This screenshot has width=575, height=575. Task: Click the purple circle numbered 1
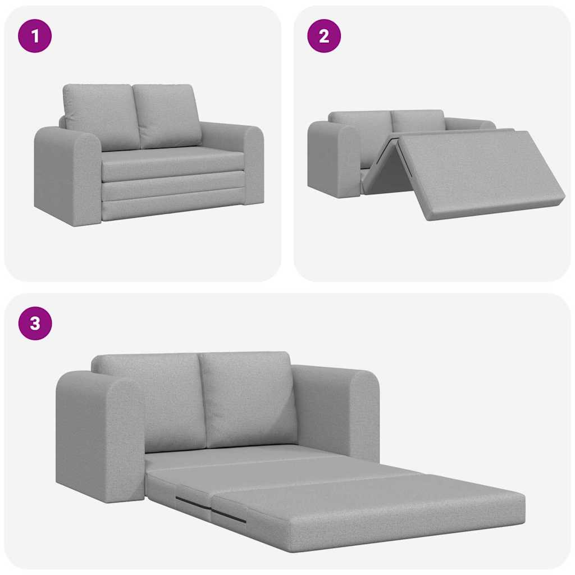(x=35, y=36)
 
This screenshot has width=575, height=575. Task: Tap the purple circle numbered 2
(x=324, y=36)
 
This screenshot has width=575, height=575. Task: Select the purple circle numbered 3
(x=35, y=323)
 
